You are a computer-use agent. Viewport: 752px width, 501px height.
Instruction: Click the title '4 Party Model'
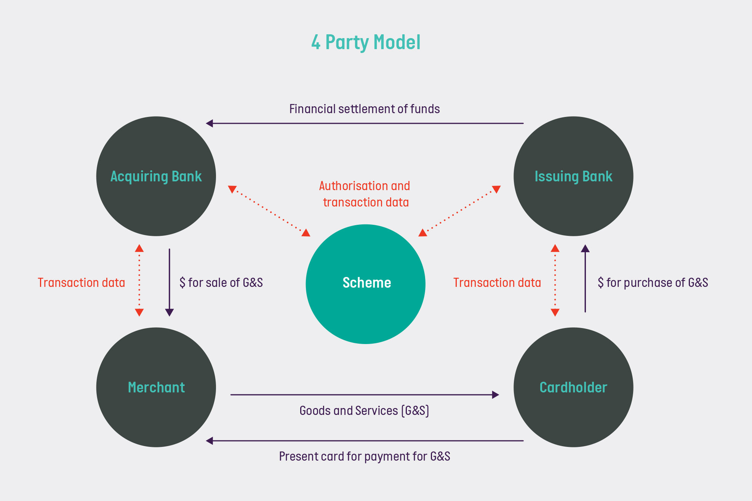point(366,42)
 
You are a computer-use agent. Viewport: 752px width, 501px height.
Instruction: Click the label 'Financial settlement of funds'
point(364,109)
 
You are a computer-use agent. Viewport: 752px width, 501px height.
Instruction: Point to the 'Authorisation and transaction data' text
point(365,194)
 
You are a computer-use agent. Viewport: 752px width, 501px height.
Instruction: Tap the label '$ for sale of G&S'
point(221,283)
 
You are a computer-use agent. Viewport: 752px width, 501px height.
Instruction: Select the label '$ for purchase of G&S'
point(653,283)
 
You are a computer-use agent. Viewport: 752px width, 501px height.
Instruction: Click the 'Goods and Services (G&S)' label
point(364,411)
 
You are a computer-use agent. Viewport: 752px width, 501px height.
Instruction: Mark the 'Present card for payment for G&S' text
point(364,456)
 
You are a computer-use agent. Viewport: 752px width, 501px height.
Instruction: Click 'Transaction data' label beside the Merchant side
point(81,283)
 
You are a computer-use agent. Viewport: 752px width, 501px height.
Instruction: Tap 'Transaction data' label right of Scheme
point(497,283)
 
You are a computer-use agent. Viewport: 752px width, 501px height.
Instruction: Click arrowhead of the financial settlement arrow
point(209,123)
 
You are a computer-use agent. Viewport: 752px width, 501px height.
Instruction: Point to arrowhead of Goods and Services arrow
point(495,395)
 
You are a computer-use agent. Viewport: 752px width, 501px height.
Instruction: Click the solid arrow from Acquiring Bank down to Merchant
point(170,282)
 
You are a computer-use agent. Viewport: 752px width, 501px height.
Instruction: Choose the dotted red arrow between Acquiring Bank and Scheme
point(269,211)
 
